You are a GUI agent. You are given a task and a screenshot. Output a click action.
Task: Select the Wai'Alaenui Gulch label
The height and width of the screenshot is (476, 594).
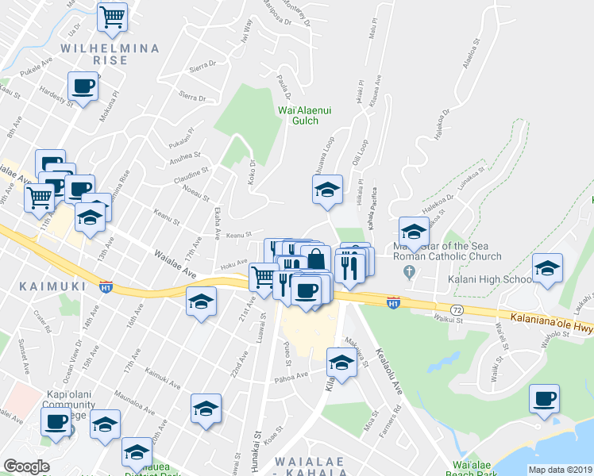pyautogui.click(x=299, y=115)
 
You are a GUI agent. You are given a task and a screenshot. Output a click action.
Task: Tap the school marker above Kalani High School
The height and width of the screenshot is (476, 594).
pyautogui.click(x=547, y=268)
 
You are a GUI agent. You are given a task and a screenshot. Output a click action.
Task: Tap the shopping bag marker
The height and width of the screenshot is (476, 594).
pyautogui.click(x=316, y=259)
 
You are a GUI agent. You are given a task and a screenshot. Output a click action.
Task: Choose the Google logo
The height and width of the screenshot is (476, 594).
pyautogui.click(x=26, y=466)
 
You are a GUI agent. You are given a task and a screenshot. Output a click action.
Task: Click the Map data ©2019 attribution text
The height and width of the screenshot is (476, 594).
pyautogui.click(x=559, y=470)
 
